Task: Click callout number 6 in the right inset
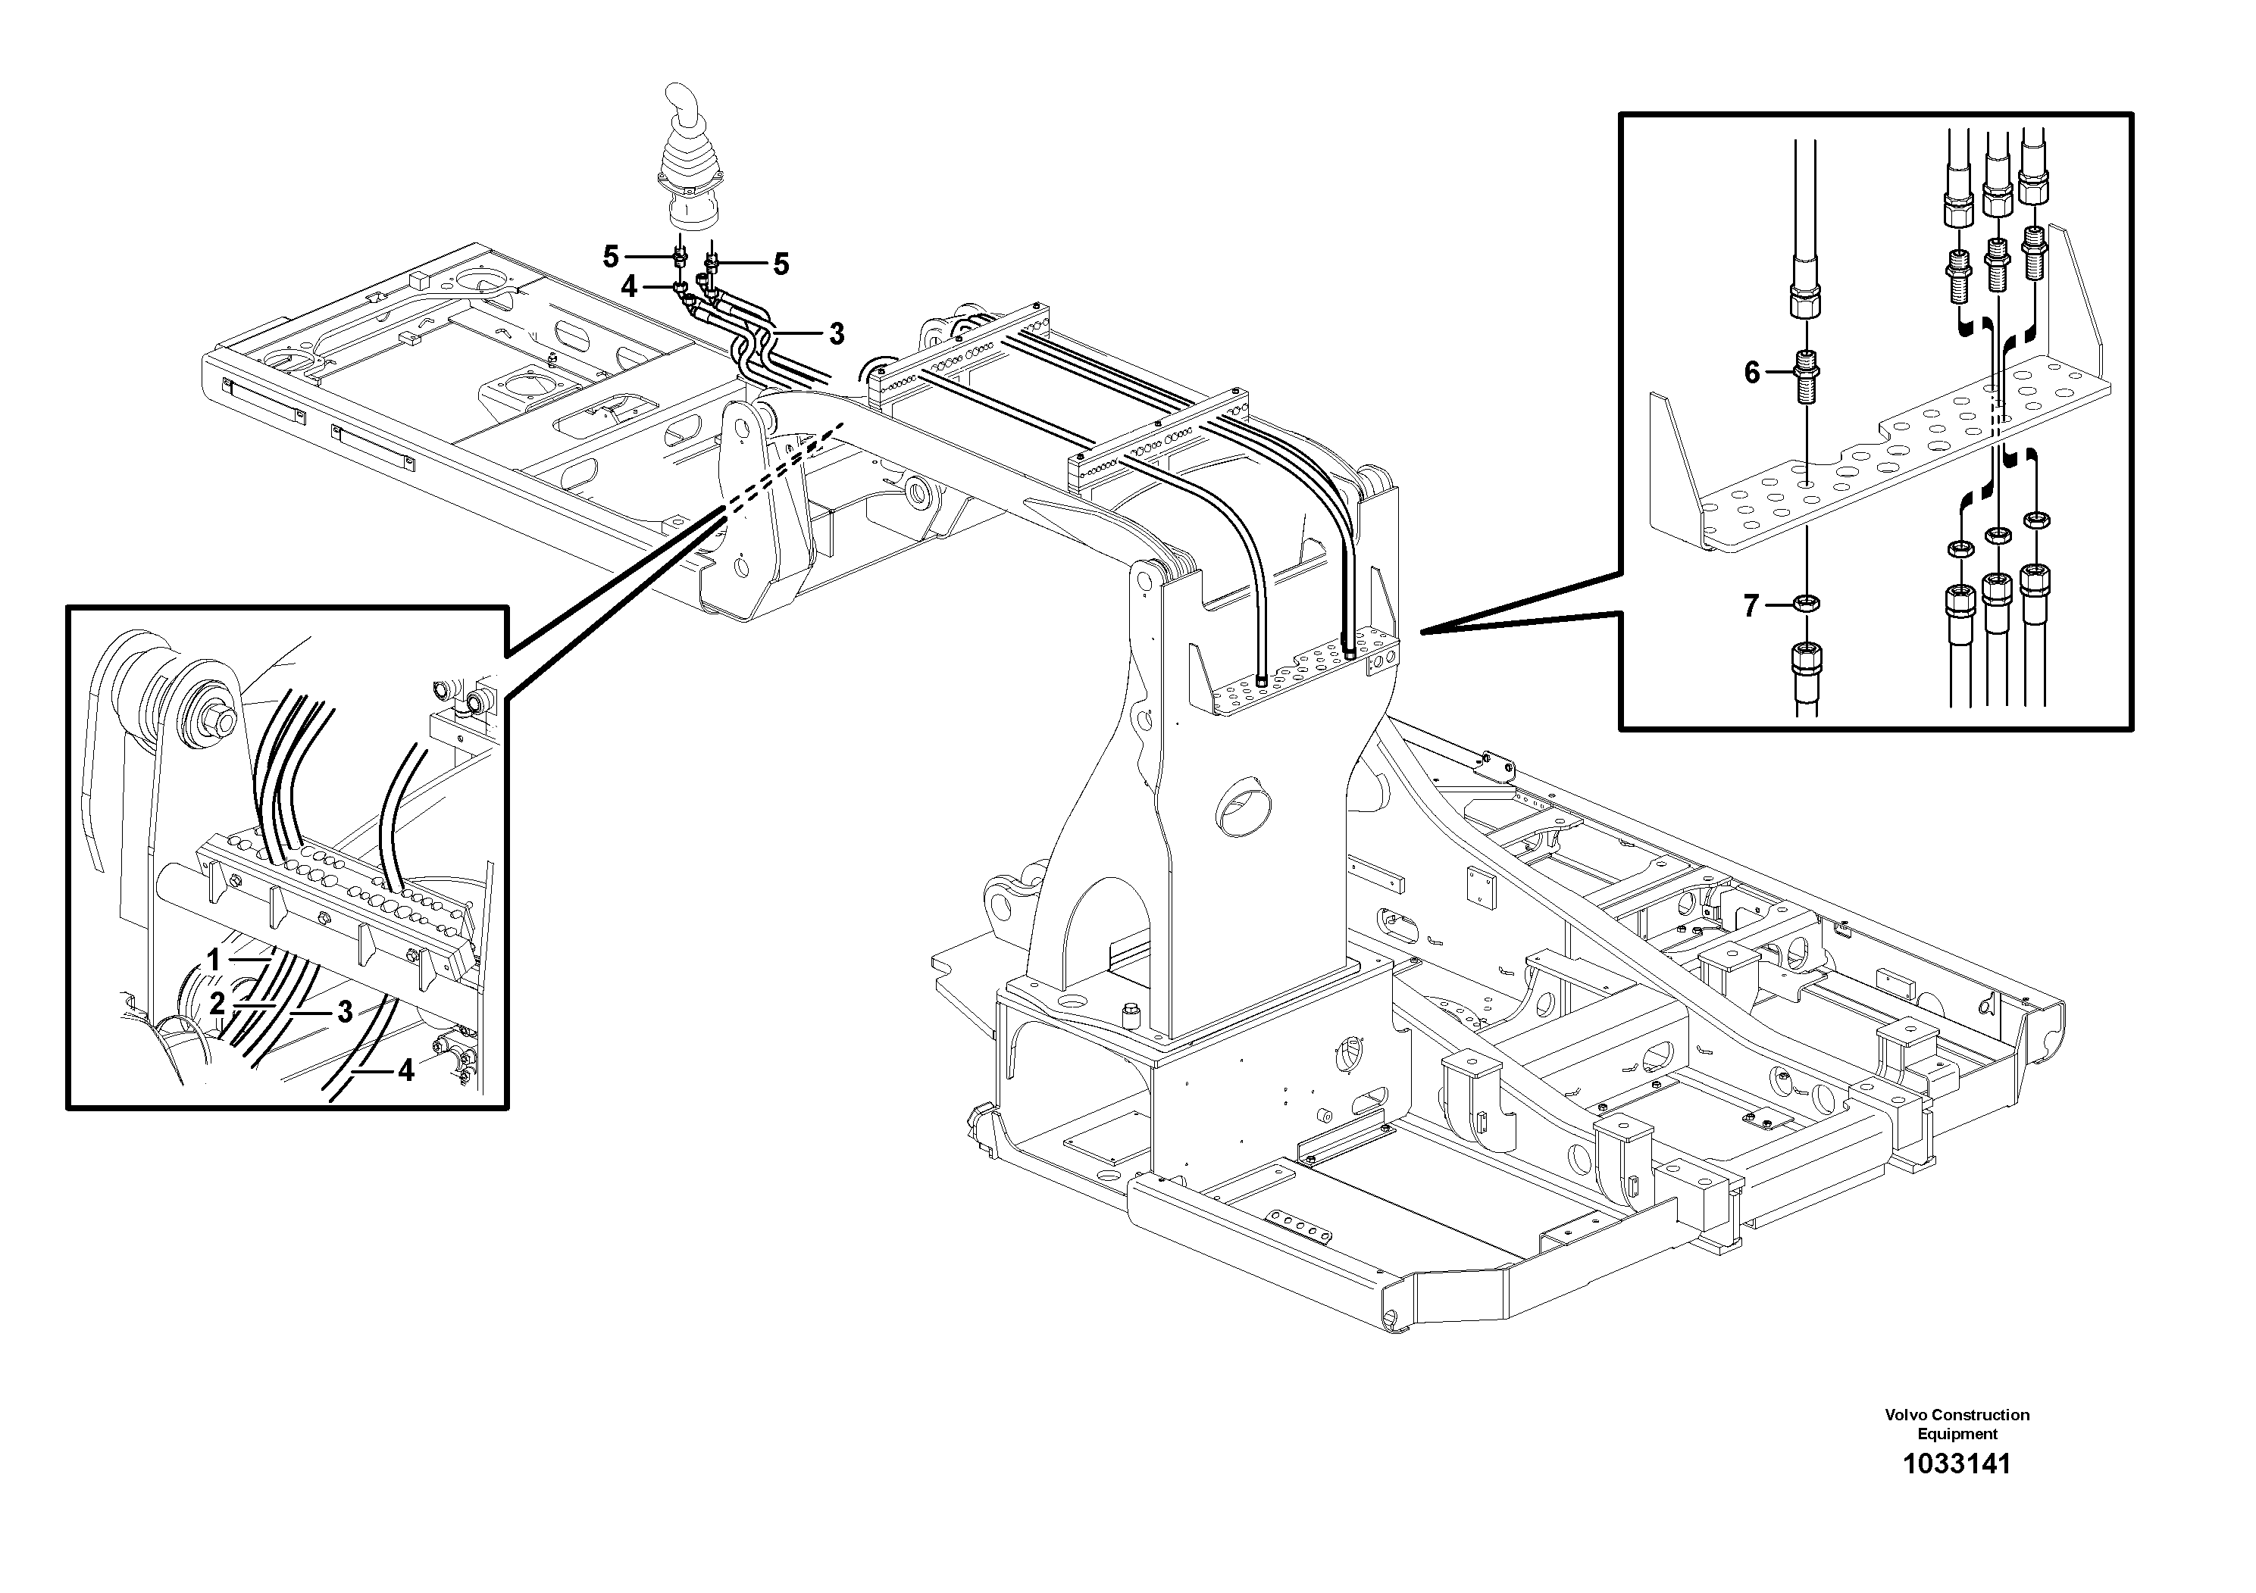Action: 1752,372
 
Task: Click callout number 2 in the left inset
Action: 217,1003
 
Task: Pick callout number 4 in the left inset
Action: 405,1070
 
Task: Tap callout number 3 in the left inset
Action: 344,1011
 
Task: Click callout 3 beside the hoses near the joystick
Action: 836,334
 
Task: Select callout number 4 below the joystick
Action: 629,287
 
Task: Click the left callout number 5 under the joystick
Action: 611,258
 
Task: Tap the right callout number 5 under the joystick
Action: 781,263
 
